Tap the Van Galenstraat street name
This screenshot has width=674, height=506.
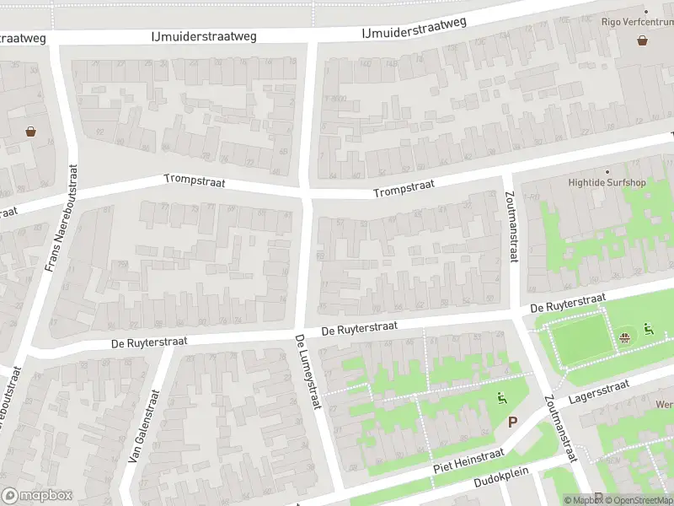tap(144, 427)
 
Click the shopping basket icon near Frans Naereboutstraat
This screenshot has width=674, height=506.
tap(31, 131)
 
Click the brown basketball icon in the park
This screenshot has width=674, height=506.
tap(624, 339)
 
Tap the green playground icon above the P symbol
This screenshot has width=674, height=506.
tap(503, 399)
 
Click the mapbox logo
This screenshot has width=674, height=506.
tap(36, 495)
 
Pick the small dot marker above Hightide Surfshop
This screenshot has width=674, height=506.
tap(607, 171)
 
